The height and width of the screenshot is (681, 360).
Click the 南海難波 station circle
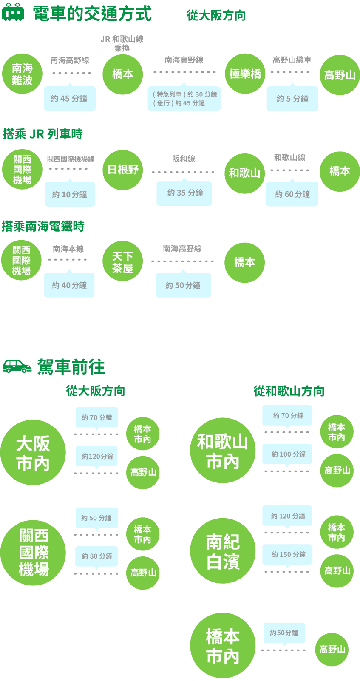pyautogui.click(x=22, y=74)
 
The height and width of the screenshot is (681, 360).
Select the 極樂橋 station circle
pyautogui.click(x=245, y=74)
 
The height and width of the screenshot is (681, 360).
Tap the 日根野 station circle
pyautogui.click(x=122, y=170)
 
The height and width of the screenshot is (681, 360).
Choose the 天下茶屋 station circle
pyautogui.click(x=122, y=262)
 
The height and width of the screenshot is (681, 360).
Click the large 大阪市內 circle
pyautogui.click(x=33, y=453)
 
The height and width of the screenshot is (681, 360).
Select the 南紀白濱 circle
pyautogui.click(x=222, y=551)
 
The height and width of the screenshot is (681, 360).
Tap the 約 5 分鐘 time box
pyautogui.click(x=292, y=99)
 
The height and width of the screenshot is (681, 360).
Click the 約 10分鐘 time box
pyautogui.click(x=70, y=194)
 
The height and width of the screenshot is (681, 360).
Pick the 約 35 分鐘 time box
pyautogui.click(x=185, y=193)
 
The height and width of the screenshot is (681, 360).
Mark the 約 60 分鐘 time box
pyautogui.click(x=292, y=194)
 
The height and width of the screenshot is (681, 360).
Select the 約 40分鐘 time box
pyautogui.click(x=70, y=285)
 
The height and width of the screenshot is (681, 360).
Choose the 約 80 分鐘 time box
pyautogui.click(x=97, y=556)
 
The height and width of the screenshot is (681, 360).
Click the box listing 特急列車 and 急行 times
pyautogui.click(x=184, y=99)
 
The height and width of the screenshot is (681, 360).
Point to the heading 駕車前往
pyautogui.click(x=71, y=367)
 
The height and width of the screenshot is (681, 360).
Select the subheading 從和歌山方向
pyautogui.click(x=289, y=391)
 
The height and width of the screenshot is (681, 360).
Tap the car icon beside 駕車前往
pyautogui.click(x=18, y=366)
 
